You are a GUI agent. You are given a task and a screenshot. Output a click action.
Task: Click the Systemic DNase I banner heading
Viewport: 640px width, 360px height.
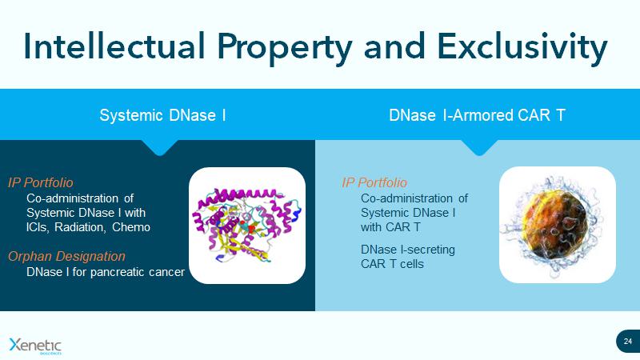click(x=162, y=115)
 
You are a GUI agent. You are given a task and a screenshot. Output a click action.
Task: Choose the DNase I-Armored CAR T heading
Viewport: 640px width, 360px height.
click(x=477, y=115)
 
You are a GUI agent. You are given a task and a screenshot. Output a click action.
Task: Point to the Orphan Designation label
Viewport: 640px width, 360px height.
click(x=66, y=256)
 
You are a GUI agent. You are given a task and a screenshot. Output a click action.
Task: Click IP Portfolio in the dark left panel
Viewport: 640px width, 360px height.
click(x=40, y=182)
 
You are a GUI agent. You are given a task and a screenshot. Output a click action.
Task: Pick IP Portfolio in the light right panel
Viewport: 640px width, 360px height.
click(x=374, y=182)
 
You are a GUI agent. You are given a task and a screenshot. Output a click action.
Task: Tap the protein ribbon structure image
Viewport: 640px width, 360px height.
click(x=246, y=225)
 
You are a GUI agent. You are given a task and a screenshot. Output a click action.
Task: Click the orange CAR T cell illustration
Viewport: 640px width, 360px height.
click(x=557, y=225)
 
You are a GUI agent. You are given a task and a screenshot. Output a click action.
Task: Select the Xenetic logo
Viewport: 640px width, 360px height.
click(x=34, y=345)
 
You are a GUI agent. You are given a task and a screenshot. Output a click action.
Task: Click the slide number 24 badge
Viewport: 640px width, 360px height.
click(x=627, y=342)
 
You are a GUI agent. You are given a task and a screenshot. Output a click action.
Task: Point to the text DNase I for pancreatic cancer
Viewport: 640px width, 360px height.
click(x=106, y=272)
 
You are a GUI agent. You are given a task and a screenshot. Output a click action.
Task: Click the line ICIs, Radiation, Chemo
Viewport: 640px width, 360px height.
click(x=88, y=227)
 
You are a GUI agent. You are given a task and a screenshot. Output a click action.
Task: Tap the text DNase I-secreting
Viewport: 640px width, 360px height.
click(x=408, y=250)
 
